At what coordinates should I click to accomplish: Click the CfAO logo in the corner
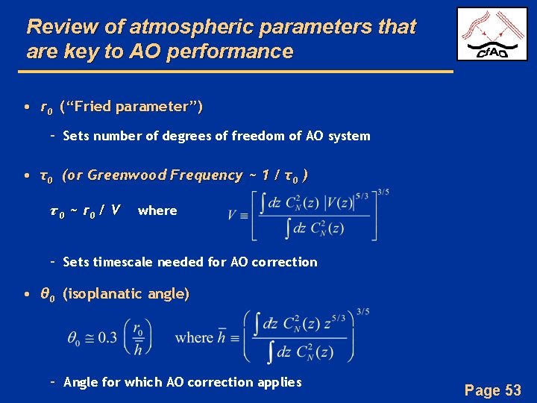point(492,34)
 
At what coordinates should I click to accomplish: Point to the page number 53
point(513,390)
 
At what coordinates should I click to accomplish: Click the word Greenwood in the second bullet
point(127,175)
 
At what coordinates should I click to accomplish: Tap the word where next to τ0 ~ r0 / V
point(157,210)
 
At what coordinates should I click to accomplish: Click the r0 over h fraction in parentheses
point(139,337)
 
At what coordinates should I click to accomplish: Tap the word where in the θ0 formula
point(194,337)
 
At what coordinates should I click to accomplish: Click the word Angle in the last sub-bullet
point(81,382)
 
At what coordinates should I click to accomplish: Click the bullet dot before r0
point(27,107)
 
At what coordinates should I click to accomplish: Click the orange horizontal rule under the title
point(239,71)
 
